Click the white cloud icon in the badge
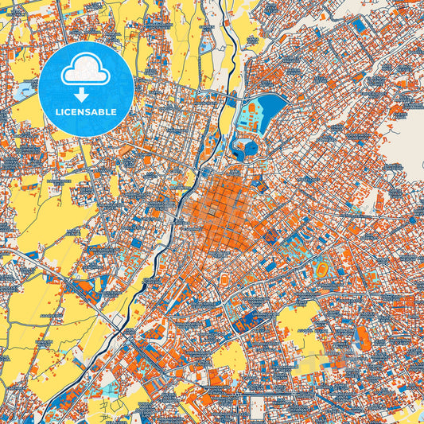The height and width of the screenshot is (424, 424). tap(87, 69)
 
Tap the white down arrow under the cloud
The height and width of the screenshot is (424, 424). tap(87, 95)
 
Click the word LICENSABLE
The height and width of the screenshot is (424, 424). tap(87, 111)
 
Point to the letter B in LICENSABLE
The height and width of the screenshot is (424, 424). tap(106, 111)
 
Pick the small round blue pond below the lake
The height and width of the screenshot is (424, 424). tap(244, 147)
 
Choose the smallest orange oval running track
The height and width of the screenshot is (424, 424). tap(225, 279)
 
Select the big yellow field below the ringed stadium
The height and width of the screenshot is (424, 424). tap(298, 318)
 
